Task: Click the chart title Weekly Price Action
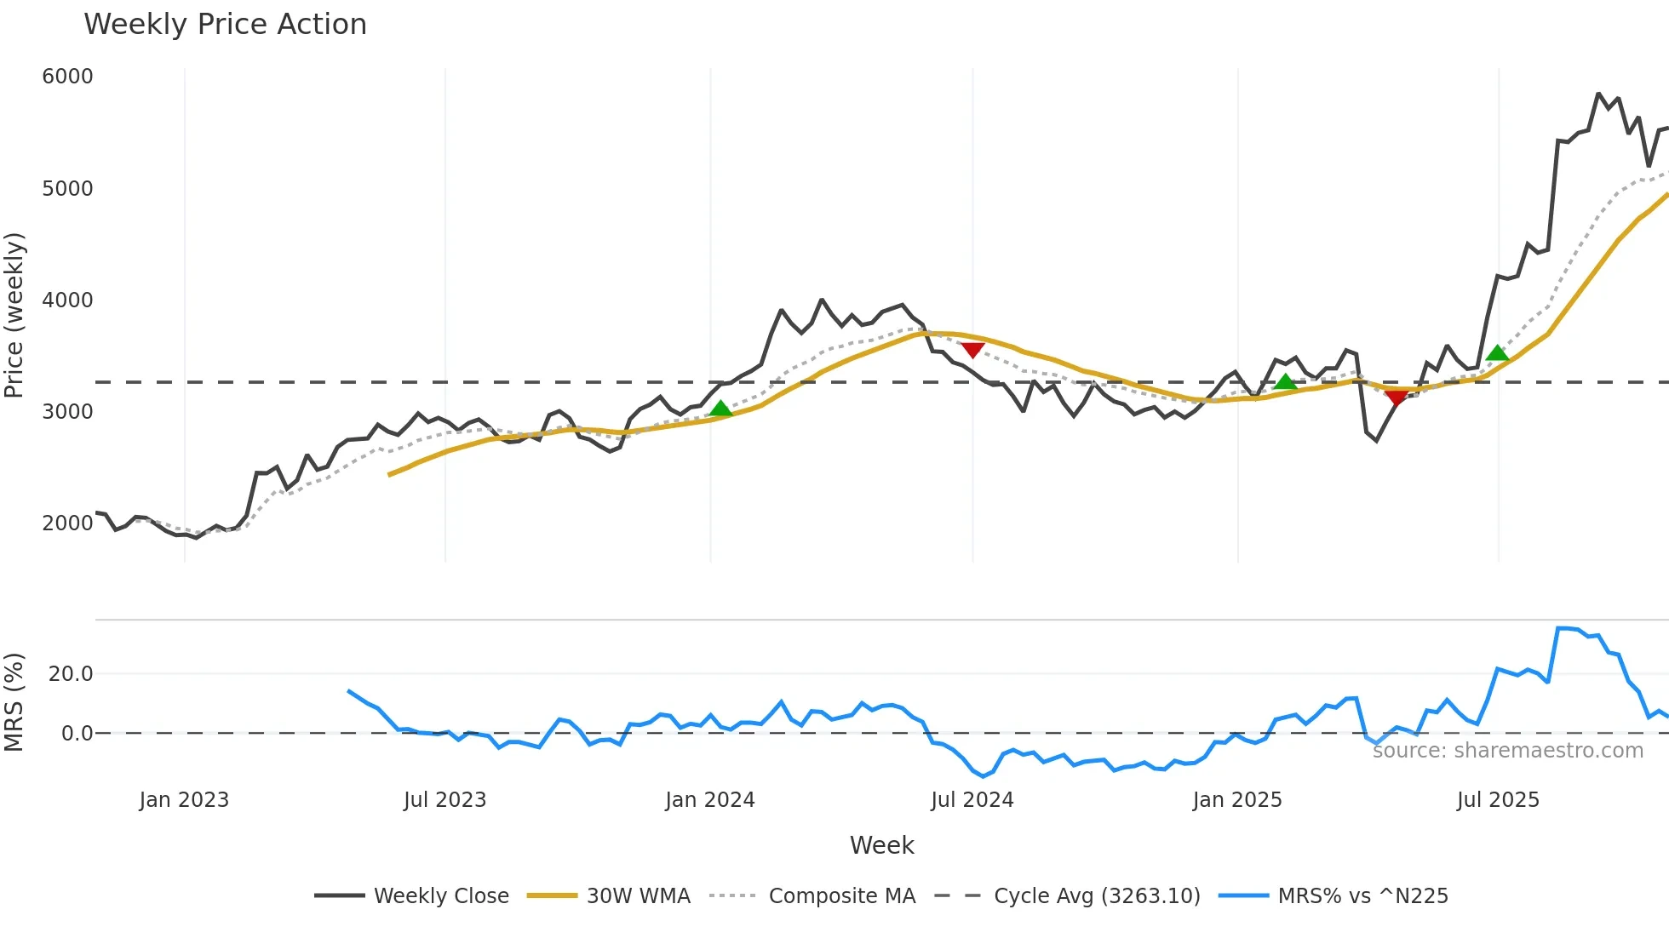[225, 25]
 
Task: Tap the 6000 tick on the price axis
[67, 77]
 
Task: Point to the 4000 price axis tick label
[67, 300]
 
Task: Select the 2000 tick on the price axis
[67, 523]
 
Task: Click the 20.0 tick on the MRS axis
[71, 674]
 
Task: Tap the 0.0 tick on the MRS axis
[77, 733]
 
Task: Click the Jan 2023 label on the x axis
[184, 800]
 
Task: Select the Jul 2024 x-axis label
[972, 800]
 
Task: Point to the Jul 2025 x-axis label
[1498, 800]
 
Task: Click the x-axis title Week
[881, 845]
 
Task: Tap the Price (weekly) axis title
[14, 315]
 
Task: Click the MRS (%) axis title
[14, 702]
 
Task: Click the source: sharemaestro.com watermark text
[1507, 751]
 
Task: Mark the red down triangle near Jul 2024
[972, 350]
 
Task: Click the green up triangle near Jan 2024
[720, 409]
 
